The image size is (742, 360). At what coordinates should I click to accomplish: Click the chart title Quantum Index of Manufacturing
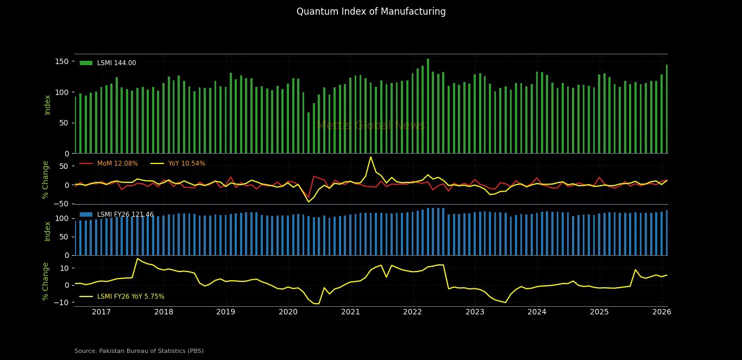click(371, 11)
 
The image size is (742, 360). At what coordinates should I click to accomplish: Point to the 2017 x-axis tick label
click(101, 312)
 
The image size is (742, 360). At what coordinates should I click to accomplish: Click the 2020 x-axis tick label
click(288, 312)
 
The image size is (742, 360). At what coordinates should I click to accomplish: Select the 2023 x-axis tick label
click(475, 312)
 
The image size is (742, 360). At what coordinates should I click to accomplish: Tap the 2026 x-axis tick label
click(662, 312)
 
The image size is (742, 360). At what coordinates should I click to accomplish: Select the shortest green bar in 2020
click(309, 132)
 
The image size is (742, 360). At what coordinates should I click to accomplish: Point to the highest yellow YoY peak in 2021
click(370, 157)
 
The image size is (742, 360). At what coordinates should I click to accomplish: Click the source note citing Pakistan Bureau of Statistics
click(139, 351)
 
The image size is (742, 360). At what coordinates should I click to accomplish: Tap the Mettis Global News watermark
click(371, 125)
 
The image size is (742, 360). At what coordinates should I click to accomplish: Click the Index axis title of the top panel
click(48, 104)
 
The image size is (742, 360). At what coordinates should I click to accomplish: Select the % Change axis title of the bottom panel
click(46, 281)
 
